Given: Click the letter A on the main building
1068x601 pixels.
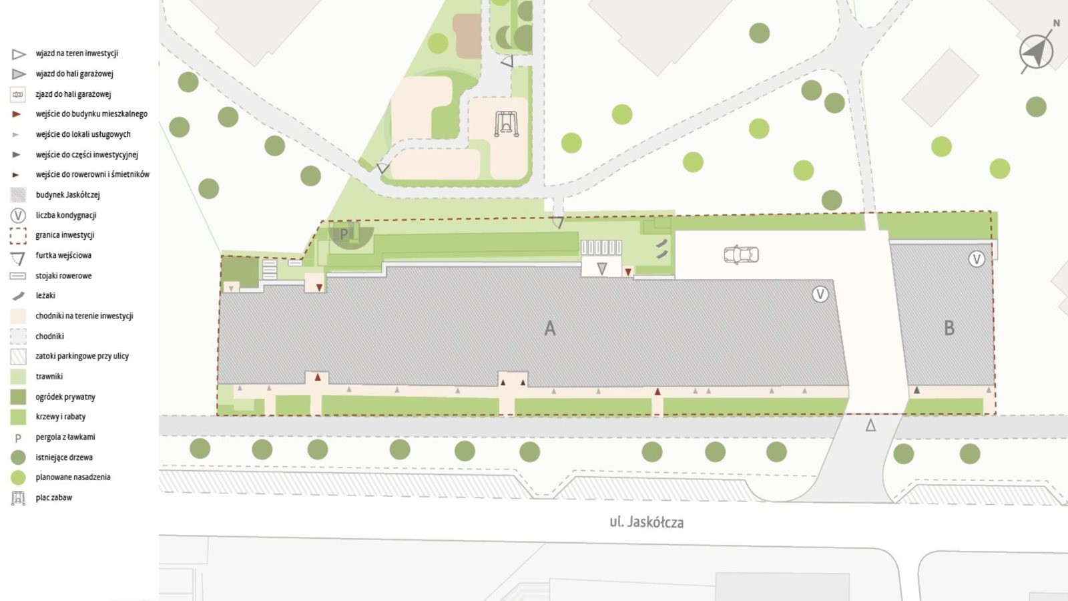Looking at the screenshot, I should pos(549,329).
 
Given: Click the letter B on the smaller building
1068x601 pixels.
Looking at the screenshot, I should pos(949,328).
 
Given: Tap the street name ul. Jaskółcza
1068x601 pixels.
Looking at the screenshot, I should pos(646,522).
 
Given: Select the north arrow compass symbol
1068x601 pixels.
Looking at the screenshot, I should pos(1037,51).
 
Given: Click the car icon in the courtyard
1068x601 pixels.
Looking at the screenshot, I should pos(741,254).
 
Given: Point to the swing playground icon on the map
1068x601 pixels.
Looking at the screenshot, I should pos(506,124).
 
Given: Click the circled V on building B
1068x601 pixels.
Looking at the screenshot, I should pos(977,259).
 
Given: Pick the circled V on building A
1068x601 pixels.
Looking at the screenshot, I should pos(820,294).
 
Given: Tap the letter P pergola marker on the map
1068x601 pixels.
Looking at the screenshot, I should pos(344,234).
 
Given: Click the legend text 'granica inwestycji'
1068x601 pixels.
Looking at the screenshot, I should pos(65,235).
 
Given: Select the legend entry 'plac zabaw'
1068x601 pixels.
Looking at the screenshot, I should pos(53,497).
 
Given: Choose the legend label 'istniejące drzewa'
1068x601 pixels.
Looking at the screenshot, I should pos(64,457).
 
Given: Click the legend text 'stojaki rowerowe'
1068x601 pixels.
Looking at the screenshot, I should pos(63,276).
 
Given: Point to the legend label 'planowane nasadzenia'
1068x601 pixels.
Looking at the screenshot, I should pos(73,477).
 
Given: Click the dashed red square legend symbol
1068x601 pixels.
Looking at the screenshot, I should pos(18,235).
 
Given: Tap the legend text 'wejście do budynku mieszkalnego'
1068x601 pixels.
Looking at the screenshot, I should pos(91,114).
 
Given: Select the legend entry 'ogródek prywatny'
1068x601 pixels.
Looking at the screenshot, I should pos(65,397).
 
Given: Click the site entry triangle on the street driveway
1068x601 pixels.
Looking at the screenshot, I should pos(870,425).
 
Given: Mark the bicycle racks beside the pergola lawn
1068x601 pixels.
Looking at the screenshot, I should pos(601,248).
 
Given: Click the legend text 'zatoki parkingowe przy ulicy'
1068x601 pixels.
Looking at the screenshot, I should pos(82,356).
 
